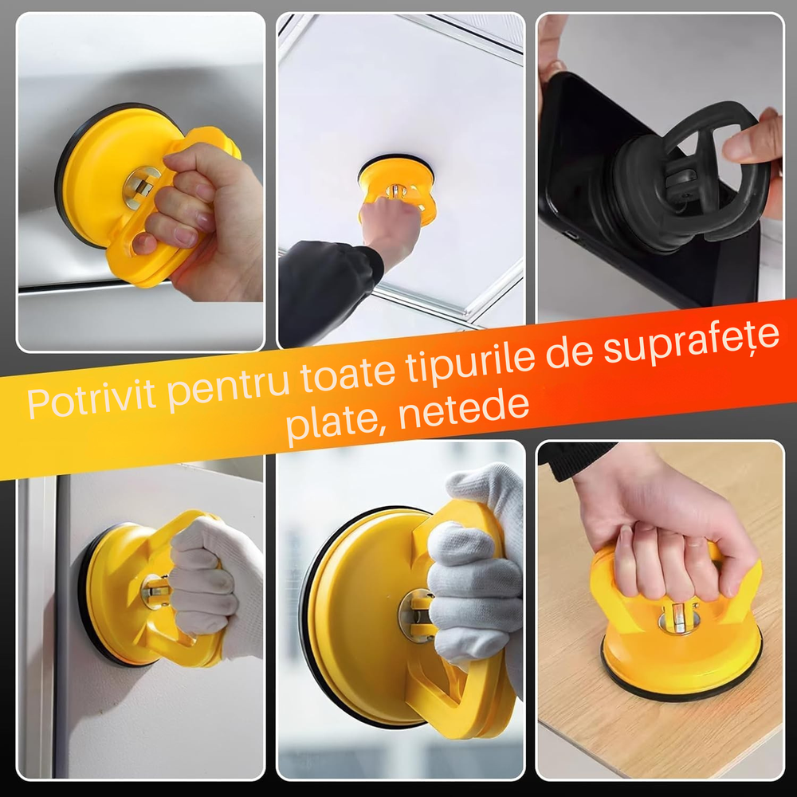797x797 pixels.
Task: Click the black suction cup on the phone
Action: coord(685,179)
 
